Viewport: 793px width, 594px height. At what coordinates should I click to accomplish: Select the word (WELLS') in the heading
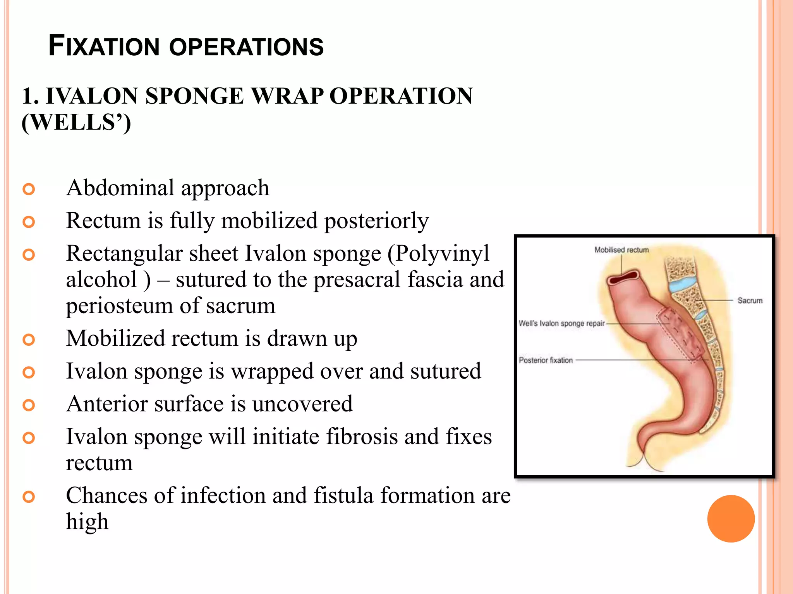[x=76, y=123]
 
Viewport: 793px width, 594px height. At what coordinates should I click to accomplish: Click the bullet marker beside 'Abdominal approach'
[x=29, y=189]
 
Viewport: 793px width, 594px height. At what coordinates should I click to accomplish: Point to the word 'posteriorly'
[x=376, y=221]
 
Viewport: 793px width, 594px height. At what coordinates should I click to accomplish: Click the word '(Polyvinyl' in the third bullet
[x=438, y=254]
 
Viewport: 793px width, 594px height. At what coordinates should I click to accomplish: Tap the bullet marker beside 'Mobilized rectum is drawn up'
[x=29, y=340]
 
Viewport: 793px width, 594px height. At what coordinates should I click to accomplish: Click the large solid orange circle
[x=731, y=519]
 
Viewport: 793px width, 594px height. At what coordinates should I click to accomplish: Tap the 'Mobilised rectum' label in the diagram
[x=621, y=250]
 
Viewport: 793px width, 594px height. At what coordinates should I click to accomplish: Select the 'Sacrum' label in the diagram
[x=750, y=300]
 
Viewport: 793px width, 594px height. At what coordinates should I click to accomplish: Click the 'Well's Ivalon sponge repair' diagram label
[x=561, y=323]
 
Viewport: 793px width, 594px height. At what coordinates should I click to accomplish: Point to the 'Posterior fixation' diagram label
[x=546, y=360]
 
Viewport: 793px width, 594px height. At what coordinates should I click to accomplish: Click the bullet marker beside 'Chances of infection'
[x=29, y=497]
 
